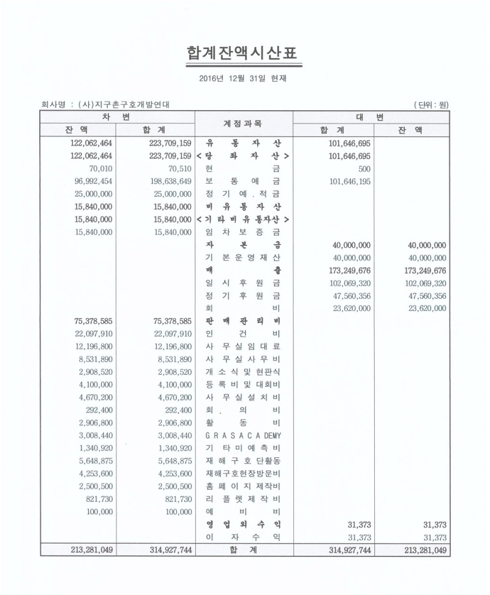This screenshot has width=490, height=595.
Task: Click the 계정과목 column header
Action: tap(244, 123)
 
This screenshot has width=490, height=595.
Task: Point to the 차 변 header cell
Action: tap(117, 116)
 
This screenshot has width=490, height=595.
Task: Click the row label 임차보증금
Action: tap(244, 232)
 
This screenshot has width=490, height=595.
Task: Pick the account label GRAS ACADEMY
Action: tap(244, 435)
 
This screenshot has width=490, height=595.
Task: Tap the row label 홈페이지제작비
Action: tap(244, 486)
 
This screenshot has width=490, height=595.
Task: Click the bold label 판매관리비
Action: tap(244, 321)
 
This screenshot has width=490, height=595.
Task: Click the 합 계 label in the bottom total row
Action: tap(244, 550)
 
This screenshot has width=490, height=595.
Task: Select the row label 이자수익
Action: tap(244, 537)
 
